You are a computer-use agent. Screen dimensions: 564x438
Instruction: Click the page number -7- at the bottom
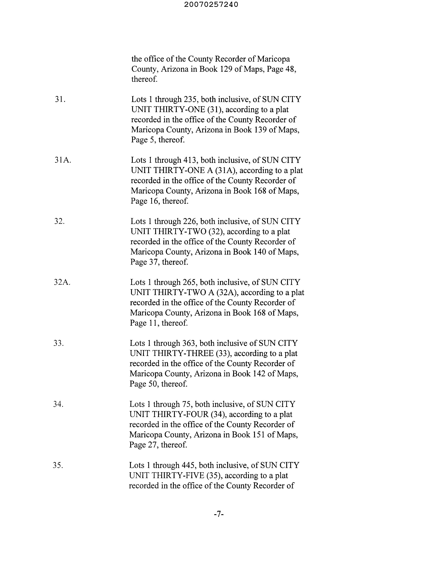[218, 514]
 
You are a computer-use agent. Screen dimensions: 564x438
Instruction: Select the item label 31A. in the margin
[62, 160]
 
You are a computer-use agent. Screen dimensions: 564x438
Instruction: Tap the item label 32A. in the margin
[62, 282]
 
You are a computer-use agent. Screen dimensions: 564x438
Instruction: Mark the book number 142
[258, 374]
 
